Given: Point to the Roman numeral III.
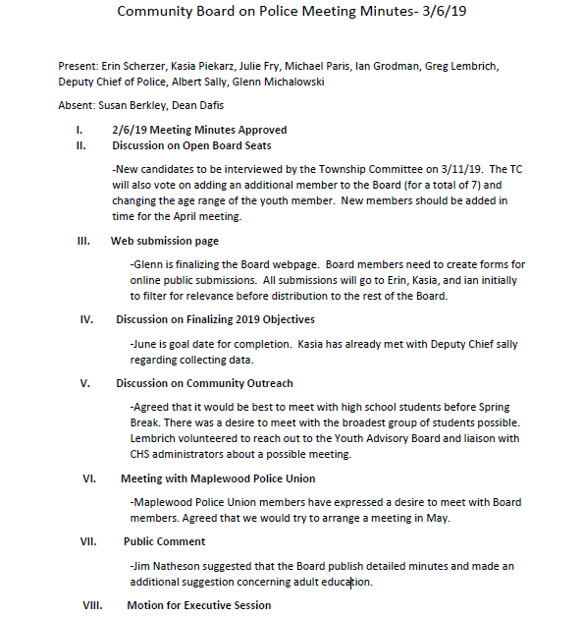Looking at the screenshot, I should click(x=83, y=241).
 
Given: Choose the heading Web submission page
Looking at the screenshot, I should click(x=164, y=241).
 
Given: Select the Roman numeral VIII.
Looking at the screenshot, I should click(x=91, y=605).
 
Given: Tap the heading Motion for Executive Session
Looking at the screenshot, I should click(x=198, y=605).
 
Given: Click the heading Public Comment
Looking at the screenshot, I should click(x=164, y=541).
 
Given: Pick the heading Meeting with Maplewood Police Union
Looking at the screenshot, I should click(x=218, y=478).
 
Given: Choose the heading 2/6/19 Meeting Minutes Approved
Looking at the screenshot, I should click(x=199, y=130).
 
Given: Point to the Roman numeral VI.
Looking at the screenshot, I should click(x=88, y=478).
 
